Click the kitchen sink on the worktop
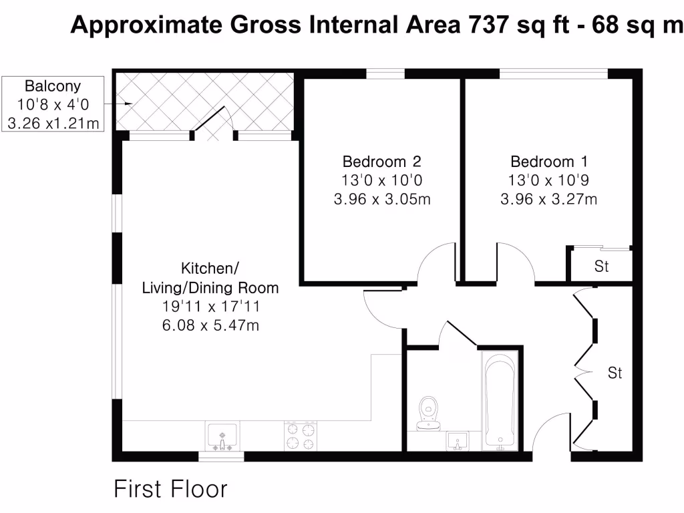222,438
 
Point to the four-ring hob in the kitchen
301,436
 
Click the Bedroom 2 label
381,162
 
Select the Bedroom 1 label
550,162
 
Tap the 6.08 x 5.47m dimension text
210,326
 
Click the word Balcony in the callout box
53,86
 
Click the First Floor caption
170,489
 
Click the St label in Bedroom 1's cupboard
601,267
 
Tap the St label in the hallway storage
615,373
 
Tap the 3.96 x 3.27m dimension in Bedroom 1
549,199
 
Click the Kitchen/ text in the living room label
210,269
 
